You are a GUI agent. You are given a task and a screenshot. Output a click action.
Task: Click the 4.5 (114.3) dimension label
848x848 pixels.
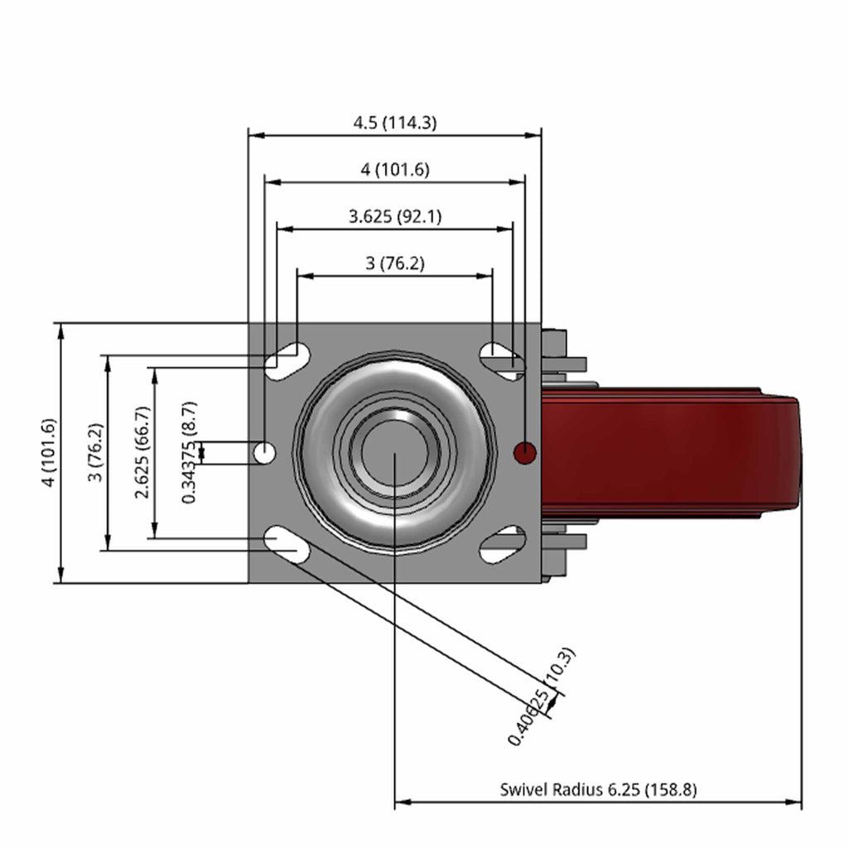(395, 123)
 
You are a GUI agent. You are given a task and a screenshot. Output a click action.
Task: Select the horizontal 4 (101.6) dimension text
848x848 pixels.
(395, 170)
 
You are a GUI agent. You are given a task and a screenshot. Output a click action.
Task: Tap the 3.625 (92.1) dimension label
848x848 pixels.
(395, 217)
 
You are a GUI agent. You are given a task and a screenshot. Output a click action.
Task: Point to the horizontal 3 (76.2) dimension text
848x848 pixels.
(395, 264)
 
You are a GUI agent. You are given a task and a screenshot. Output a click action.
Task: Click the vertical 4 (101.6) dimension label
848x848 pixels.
(49, 453)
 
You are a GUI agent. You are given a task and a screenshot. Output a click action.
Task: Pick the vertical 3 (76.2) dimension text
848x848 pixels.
(96, 453)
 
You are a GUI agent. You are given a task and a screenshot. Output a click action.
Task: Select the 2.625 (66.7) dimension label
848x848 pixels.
(142, 453)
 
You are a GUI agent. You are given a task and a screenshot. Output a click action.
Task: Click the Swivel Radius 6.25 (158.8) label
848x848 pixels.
(598, 790)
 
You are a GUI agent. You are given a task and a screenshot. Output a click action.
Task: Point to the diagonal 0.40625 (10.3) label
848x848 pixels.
(542, 696)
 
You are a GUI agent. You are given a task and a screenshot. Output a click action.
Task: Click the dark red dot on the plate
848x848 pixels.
(524, 453)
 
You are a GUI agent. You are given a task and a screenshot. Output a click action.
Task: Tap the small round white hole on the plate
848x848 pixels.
(264, 453)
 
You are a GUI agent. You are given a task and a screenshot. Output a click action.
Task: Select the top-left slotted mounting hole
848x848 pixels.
(287, 361)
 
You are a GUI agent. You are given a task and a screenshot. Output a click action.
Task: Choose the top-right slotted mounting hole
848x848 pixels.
(503, 361)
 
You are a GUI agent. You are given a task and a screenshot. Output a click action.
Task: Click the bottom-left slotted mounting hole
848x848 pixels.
(287, 545)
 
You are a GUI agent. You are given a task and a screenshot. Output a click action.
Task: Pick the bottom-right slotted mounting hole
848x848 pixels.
(503, 545)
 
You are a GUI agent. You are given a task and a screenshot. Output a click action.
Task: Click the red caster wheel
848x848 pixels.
(671, 453)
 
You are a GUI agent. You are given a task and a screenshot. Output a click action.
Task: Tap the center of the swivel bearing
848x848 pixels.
(395, 453)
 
